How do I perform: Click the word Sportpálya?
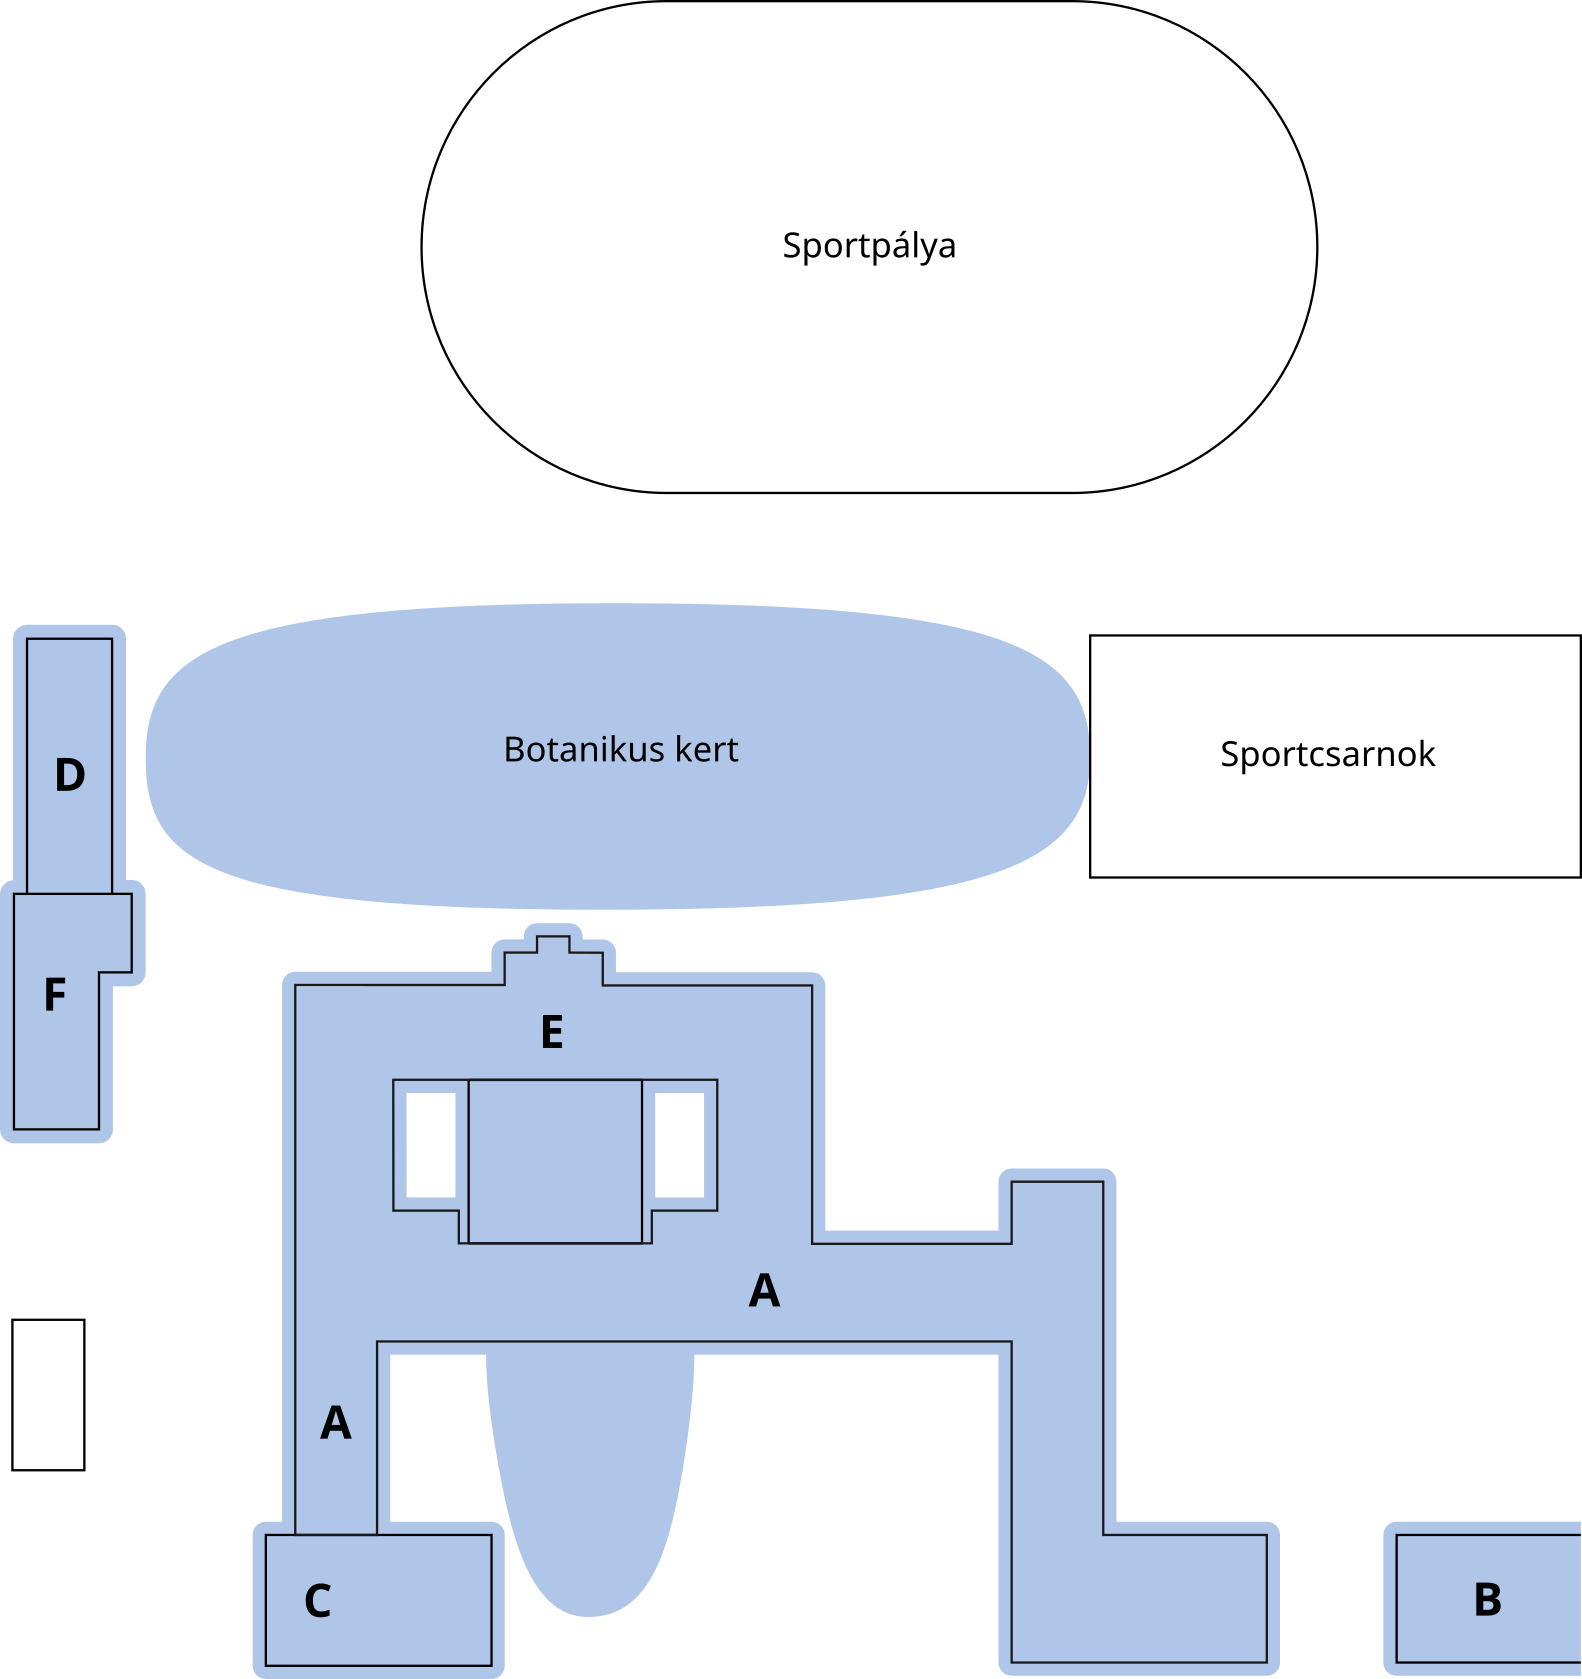point(868,246)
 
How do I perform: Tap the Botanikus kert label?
point(620,750)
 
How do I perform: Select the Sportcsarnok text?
point(1327,754)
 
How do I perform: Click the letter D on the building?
point(70,776)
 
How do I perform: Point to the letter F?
point(55,995)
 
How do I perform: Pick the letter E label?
point(552,1033)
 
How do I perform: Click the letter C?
point(318,1601)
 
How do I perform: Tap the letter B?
point(1488,1600)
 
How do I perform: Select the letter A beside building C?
point(336,1423)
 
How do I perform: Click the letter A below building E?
point(764,1291)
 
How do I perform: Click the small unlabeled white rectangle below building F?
point(48,1395)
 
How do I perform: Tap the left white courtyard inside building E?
point(431,1145)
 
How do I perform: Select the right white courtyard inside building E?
point(679,1145)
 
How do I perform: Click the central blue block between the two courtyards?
point(555,1161)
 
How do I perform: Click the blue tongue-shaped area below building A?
point(590,1480)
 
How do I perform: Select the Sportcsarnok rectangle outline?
point(1335,820)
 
